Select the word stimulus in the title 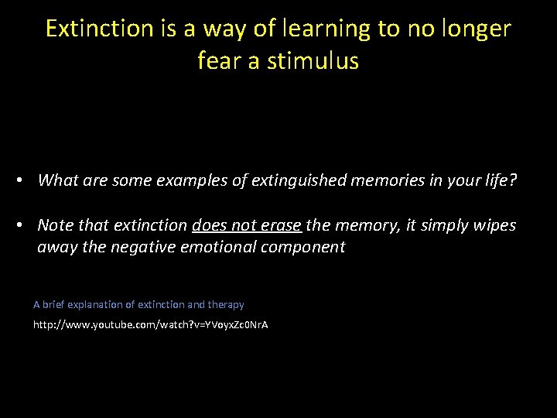[313, 60]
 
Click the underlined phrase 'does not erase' [247, 225]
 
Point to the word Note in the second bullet [54, 225]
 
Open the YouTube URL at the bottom [150, 325]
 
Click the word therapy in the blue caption [226, 305]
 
